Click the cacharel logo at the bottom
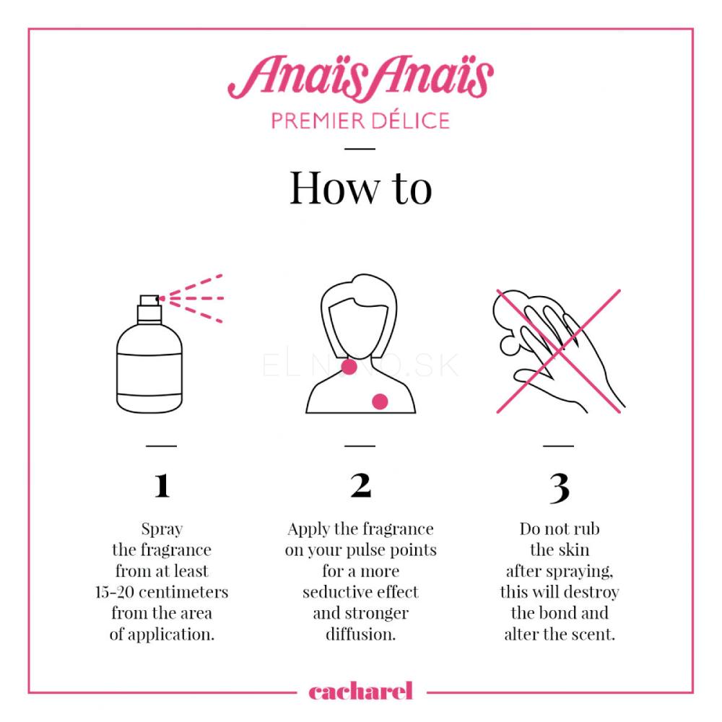360,691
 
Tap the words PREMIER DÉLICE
360,121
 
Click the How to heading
360,188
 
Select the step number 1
162,486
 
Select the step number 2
360,485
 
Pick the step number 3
560,488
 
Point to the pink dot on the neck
349,367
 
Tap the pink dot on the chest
380,401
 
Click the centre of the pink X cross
559,352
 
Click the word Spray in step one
162,529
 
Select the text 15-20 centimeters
162,592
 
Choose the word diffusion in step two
360,635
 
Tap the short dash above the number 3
559,445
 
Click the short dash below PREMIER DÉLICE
360,149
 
